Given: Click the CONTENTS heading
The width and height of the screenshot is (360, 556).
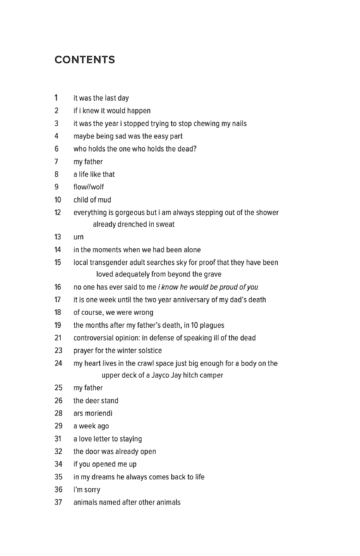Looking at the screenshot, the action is click(x=89, y=59).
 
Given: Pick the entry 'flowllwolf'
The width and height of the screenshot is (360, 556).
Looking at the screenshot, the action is click(x=94, y=186).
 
